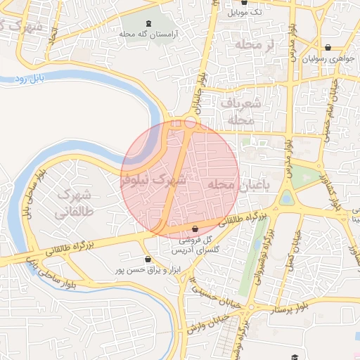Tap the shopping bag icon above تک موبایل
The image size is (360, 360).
pos(244,3)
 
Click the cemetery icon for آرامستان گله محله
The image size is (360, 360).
pos(148,23)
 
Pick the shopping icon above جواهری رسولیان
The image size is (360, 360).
pos(328,48)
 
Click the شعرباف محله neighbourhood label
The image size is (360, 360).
pos(241,111)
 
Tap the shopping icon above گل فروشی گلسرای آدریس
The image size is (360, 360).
pos(195,229)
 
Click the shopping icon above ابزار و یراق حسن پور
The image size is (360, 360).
pos(147,259)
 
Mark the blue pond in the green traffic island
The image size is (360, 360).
pos(286,198)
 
